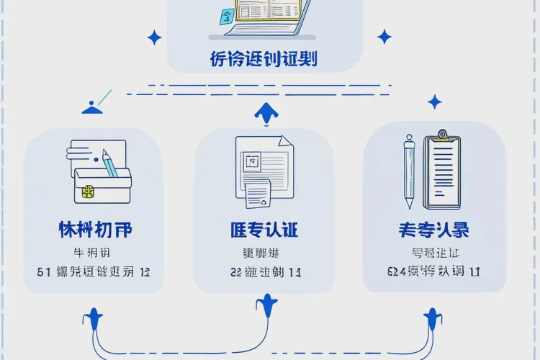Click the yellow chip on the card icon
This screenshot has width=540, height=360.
pos(89,192)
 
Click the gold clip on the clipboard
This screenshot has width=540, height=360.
pos(442,135)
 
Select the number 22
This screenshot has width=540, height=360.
pos(236,272)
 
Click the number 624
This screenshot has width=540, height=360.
pos(396,272)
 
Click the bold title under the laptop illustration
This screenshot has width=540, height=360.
pos(264,59)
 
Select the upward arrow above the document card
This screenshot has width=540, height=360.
pos(266,112)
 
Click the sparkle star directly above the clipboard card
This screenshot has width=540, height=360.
pos(434,102)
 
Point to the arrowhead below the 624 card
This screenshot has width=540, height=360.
pos(433,317)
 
